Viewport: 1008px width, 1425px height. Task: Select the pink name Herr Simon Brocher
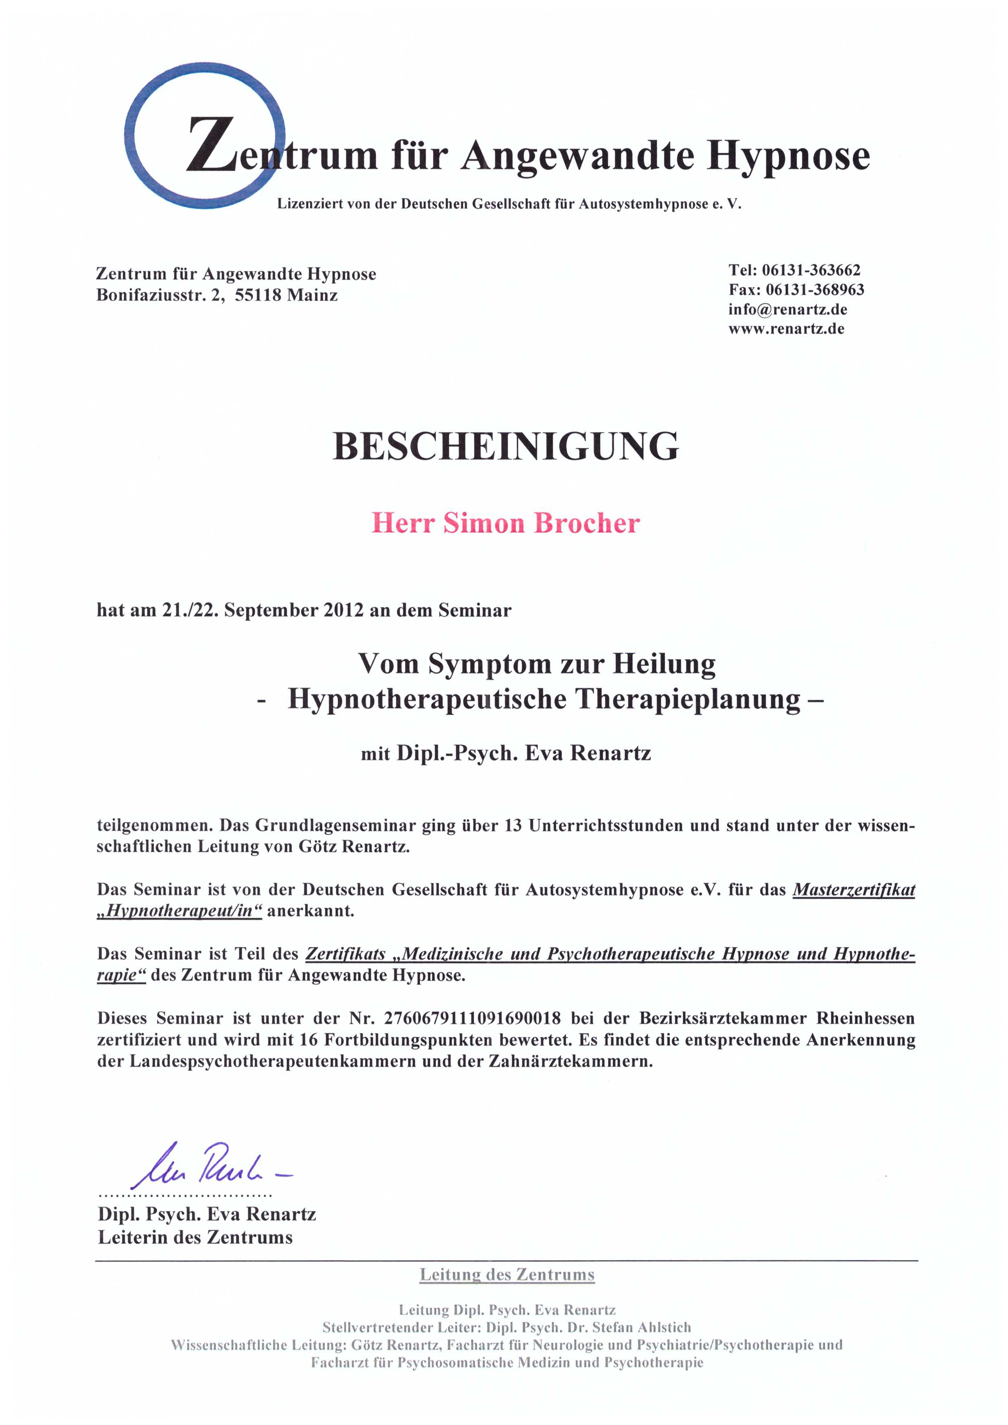505,523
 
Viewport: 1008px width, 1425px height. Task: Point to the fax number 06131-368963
815,290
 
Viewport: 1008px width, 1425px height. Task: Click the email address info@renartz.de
788,309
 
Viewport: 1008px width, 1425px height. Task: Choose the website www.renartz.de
787,329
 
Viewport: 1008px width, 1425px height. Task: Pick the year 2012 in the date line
343,611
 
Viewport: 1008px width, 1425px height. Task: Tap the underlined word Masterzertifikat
854,890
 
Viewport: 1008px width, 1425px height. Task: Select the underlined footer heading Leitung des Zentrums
507,1275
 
